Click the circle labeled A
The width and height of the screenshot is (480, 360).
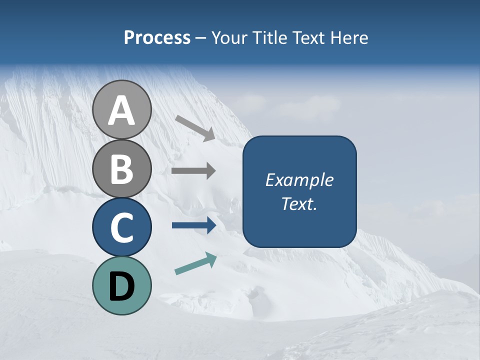click(122, 109)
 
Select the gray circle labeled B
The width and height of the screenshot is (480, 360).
click(122, 168)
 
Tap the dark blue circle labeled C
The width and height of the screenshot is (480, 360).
click(122, 227)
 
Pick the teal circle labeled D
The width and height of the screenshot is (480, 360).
click(122, 285)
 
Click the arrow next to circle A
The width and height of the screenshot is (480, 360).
click(195, 127)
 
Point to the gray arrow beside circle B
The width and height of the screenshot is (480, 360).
click(193, 170)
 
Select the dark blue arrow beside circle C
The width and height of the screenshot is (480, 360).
click(194, 225)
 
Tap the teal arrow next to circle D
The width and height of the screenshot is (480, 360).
click(195, 263)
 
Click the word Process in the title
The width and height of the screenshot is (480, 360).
click(157, 38)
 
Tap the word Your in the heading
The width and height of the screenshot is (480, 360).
click(228, 38)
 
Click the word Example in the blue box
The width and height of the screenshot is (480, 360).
click(299, 180)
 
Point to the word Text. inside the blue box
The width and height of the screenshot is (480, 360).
click(299, 204)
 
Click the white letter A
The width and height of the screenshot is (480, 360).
click(122, 110)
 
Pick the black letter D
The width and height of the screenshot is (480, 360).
click(122, 286)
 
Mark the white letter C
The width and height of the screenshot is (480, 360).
click(122, 227)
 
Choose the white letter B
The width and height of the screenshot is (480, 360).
click(122, 168)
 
